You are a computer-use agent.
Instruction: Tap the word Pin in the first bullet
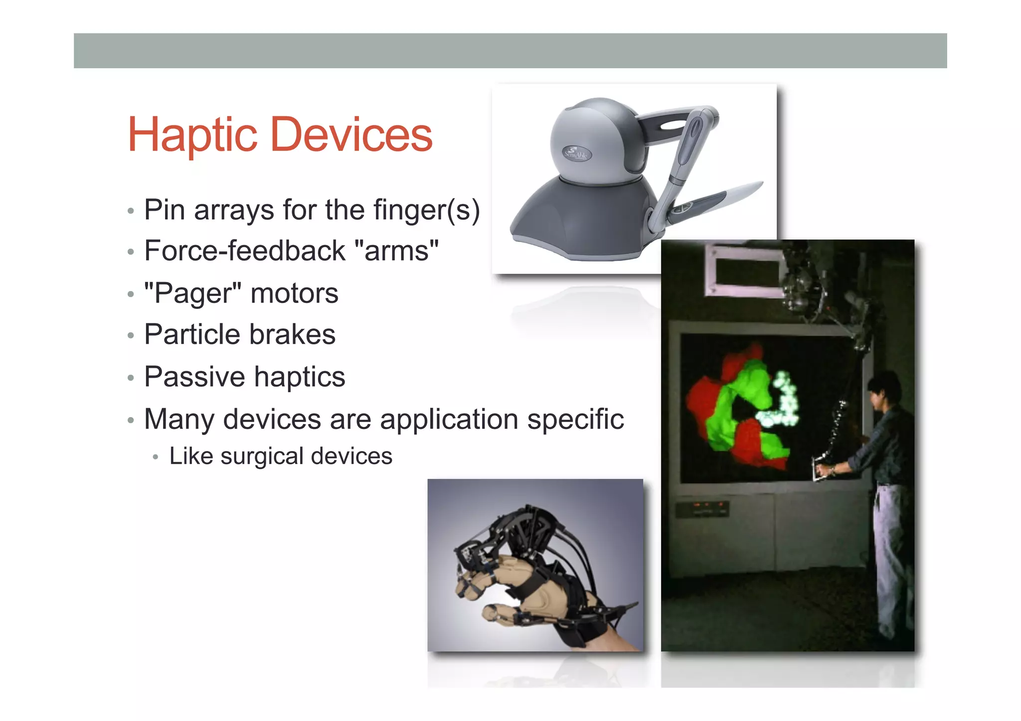[164, 209]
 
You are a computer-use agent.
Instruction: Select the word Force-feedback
[244, 251]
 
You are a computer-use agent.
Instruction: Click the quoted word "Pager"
[192, 293]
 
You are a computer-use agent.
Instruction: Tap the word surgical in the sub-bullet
[262, 456]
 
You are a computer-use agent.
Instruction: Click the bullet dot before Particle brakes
[131, 335]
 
